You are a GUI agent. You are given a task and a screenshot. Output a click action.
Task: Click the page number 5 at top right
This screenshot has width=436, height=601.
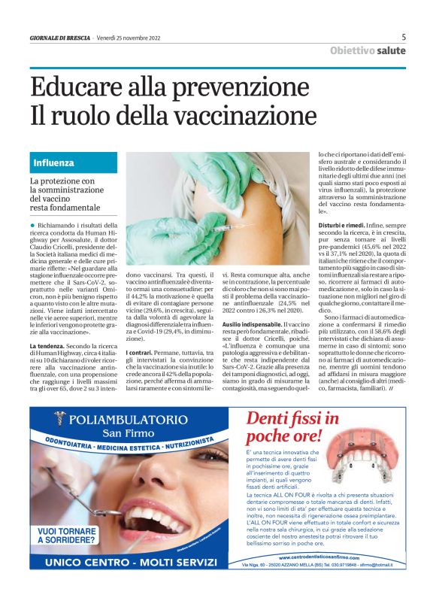tap(404, 36)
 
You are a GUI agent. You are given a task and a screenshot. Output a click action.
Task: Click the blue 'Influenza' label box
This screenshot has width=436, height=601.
tap(53, 162)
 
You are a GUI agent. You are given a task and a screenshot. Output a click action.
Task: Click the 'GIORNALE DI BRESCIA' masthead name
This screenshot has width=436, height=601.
tap(60, 37)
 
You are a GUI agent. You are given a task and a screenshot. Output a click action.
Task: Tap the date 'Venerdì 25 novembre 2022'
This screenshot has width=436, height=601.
tap(129, 37)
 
